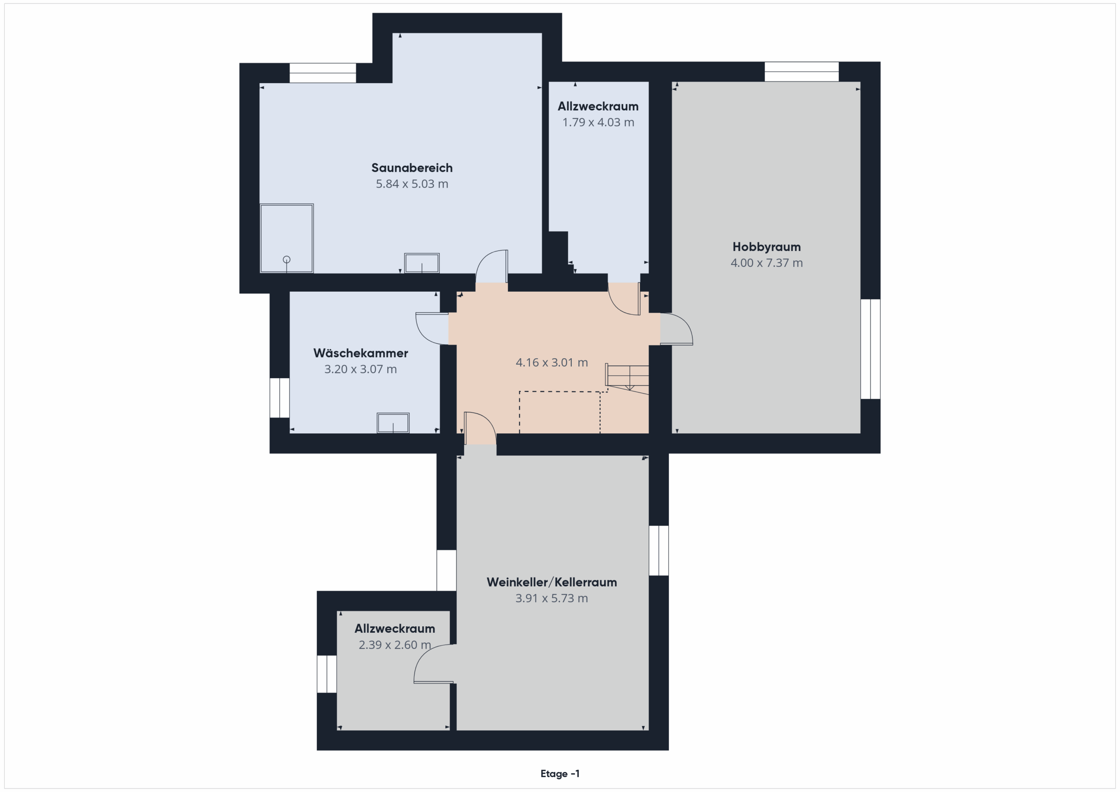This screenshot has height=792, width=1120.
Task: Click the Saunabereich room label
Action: pos(412,168)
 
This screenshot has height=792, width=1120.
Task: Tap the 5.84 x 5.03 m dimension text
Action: pos(412,184)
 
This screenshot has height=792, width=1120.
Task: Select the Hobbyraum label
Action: pos(766,247)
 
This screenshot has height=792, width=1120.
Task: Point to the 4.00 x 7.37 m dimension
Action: pos(766,263)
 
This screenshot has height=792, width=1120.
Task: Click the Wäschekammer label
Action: pos(360,353)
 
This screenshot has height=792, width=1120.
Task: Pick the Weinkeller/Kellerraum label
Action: pos(552,582)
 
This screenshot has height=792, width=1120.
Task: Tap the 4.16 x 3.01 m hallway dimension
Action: pos(552,363)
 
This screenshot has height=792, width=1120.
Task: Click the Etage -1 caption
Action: pos(560,774)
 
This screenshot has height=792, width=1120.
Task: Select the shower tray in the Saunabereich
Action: pos(286,238)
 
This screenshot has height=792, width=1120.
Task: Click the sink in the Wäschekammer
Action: pos(393,423)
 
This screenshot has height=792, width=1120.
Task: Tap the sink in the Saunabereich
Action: pos(421,263)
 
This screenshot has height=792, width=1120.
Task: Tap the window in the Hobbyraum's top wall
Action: pos(801,72)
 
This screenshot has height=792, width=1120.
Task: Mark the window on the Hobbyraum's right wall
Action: pos(870,349)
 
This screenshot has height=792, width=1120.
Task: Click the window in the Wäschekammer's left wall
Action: pos(280,398)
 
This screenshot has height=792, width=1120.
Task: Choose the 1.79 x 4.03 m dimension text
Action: pos(598,122)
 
